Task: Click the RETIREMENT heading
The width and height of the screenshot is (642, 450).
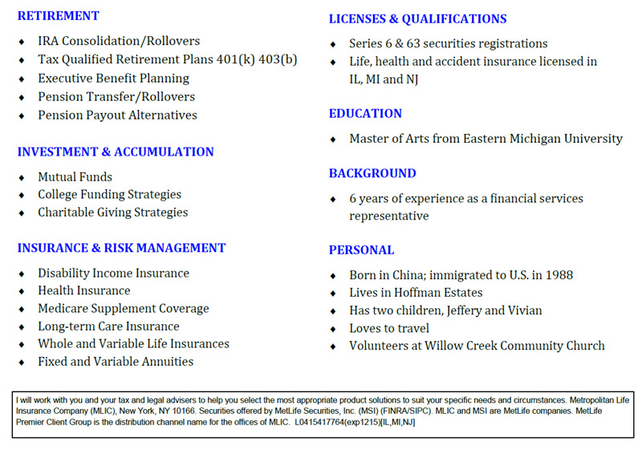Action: [59, 16]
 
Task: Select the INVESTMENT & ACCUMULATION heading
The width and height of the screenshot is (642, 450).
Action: [116, 152]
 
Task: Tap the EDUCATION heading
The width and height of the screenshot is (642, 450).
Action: [365, 114]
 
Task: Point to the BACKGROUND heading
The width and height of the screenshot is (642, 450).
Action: [372, 173]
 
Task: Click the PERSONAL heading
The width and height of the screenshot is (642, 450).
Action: [361, 250]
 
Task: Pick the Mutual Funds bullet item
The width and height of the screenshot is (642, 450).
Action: [75, 176]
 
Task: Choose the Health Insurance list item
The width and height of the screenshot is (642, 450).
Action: [83, 290]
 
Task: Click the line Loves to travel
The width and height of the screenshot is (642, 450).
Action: [388, 328]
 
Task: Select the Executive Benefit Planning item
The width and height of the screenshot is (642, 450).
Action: [113, 79]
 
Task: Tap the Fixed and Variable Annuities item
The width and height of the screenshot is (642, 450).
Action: [116, 362]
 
